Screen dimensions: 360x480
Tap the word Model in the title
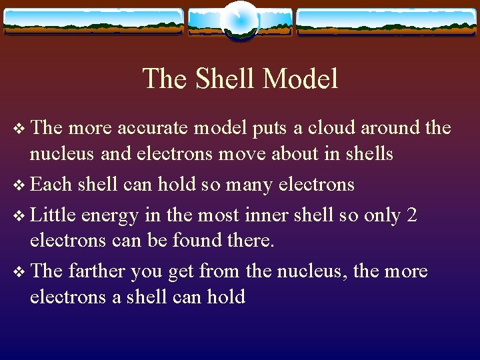[301, 79]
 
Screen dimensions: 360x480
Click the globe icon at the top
[239, 20]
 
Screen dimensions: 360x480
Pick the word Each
[51, 183]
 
